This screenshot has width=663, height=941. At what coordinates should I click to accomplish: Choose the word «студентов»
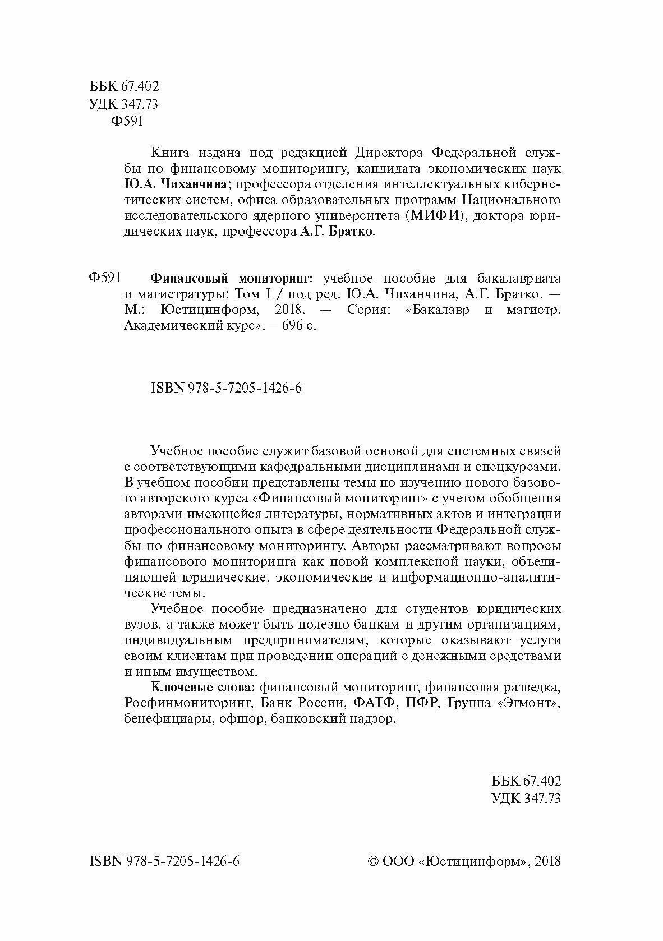point(430,608)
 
